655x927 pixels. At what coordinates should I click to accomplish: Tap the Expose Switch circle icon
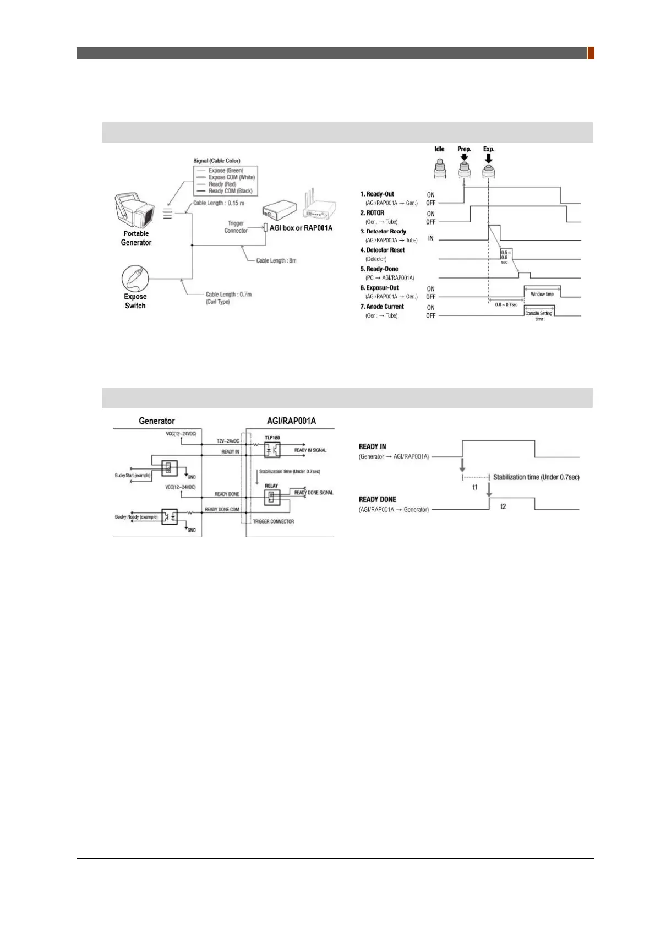point(135,279)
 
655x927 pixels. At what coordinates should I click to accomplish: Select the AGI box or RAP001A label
point(301,228)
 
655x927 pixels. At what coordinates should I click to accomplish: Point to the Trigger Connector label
point(236,227)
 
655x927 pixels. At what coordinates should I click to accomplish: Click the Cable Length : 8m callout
point(276,260)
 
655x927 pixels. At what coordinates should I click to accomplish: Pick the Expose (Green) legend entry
point(226,171)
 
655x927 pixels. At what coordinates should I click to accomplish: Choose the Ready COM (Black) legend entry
point(230,191)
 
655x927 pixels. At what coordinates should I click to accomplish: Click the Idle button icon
point(439,167)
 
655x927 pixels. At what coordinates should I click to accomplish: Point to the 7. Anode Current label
point(382,307)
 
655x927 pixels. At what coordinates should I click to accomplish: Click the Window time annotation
point(542,294)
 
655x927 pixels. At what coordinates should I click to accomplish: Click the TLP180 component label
point(272,438)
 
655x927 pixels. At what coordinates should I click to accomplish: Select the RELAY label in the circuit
point(271,486)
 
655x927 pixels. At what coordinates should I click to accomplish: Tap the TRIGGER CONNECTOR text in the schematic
point(274,521)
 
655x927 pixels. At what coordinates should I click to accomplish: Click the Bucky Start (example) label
point(133,475)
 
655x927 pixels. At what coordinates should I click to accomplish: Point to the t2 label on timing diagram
point(503,506)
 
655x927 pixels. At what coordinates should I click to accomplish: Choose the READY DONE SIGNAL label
point(314,493)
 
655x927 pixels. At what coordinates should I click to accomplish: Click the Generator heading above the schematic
point(157,421)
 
